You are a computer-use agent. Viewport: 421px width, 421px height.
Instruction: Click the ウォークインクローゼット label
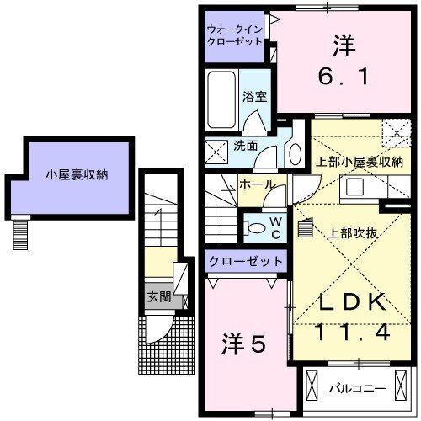coord(236,37)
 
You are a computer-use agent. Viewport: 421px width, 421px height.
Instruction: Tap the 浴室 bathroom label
coord(257,97)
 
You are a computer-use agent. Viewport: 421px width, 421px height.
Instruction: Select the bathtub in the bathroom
coord(221,99)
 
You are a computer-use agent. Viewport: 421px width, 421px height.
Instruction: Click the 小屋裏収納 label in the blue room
coord(77,176)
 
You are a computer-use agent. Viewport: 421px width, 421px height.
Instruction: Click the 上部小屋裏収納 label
coord(359,162)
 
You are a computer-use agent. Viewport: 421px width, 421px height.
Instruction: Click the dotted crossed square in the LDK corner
coord(394,133)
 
